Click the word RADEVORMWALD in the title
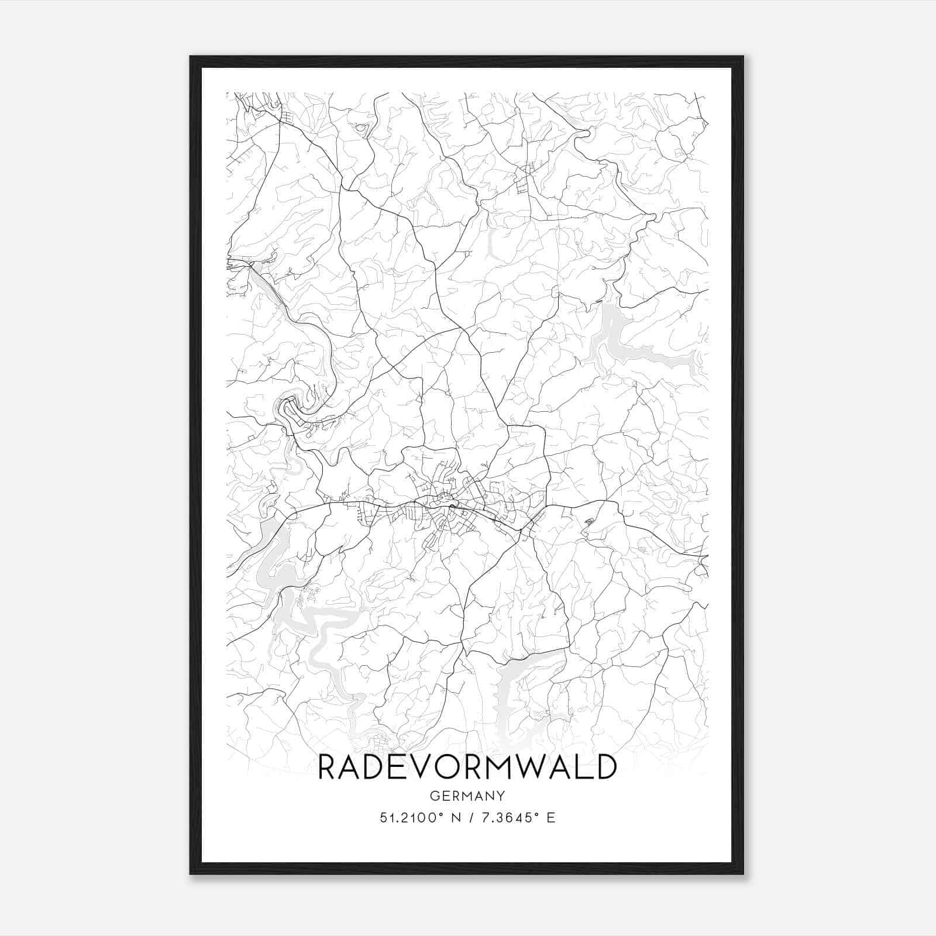click(x=467, y=767)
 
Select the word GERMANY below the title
click(x=467, y=796)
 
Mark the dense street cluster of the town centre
click(x=450, y=503)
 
